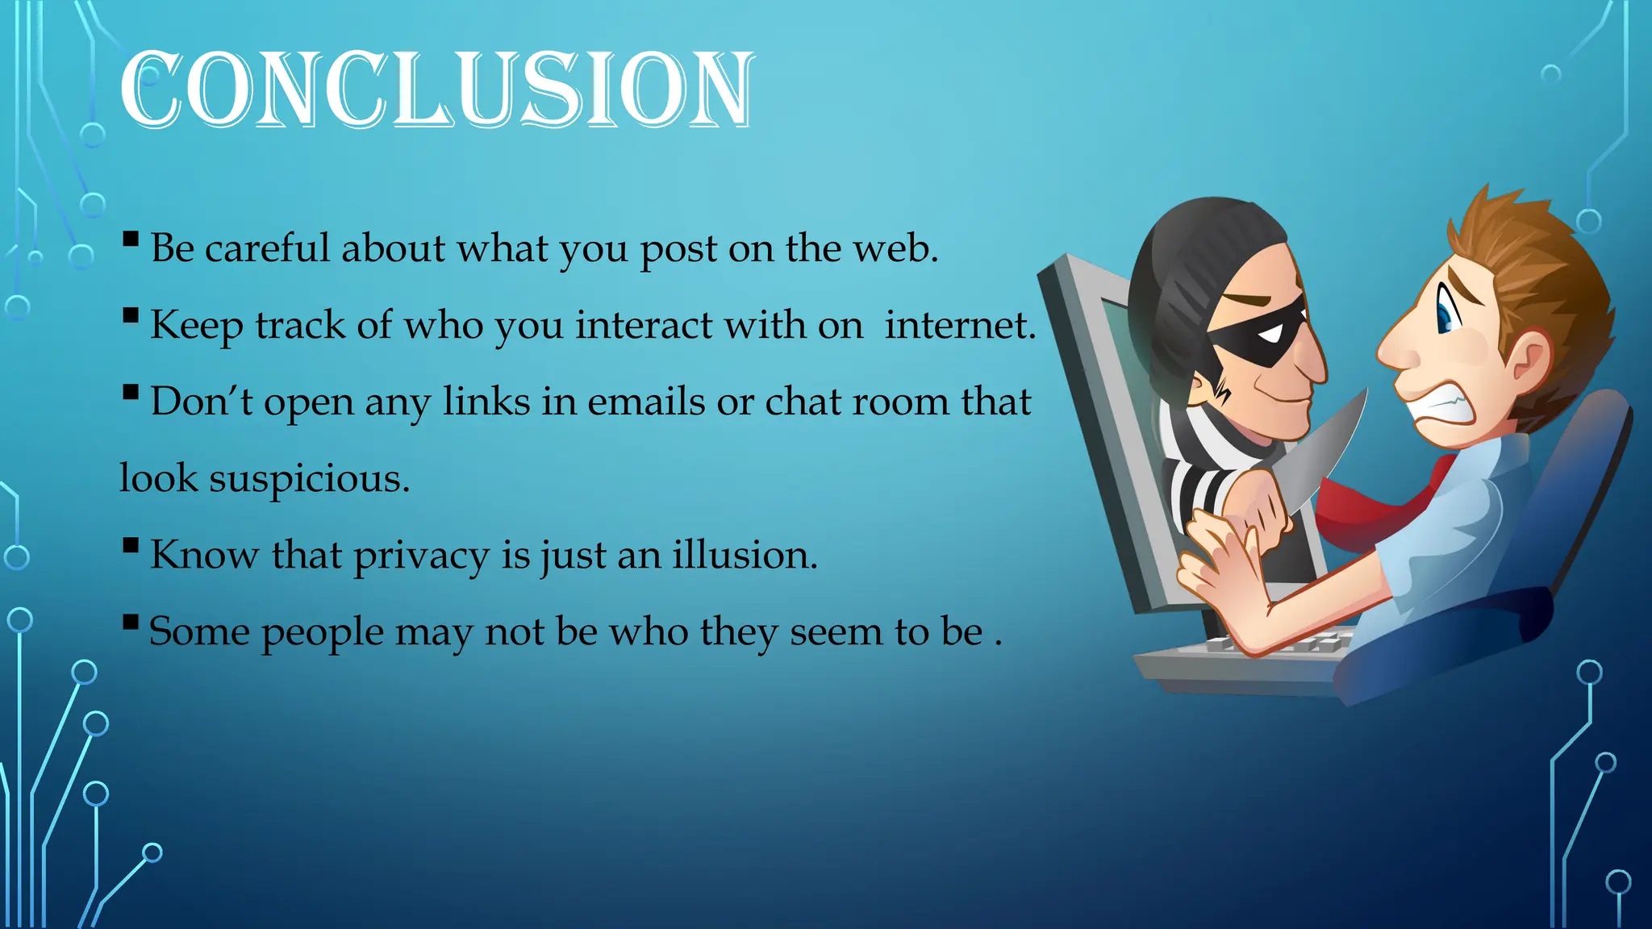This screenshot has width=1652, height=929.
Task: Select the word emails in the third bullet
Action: pyautogui.click(x=646, y=402)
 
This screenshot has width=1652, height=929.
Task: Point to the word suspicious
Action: pyautogui.click(x=309, y=478)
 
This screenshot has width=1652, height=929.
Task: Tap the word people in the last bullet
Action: pyautogui.click(x=323, y=632)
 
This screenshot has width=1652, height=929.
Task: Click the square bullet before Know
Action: pyautogui.click(x=131, y=546)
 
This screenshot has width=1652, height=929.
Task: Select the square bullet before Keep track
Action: pyautogui.click(x=131, y=315)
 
